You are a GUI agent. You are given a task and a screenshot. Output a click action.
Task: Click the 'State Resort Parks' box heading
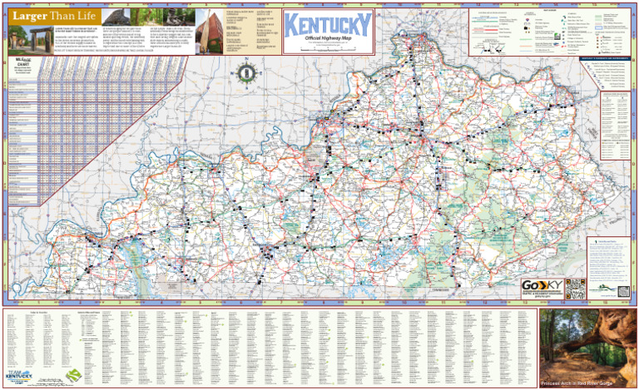pos(604,241)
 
